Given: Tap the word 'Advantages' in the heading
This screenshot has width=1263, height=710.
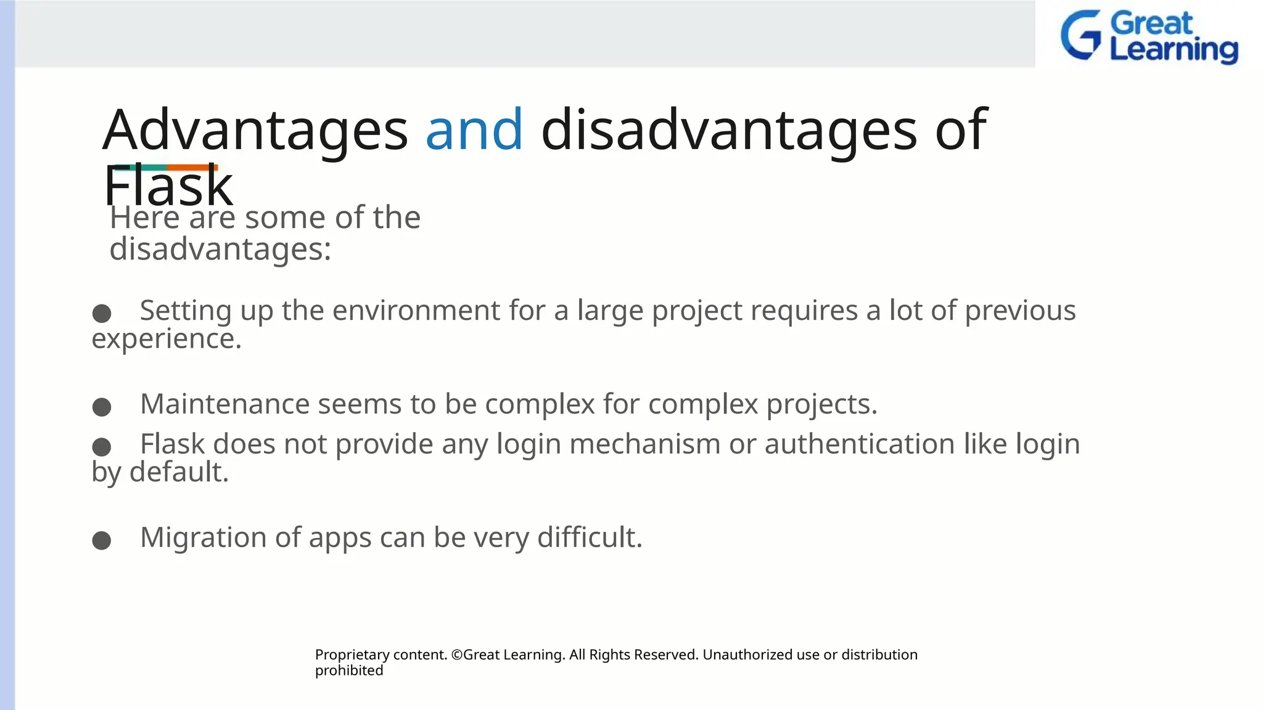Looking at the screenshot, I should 255,131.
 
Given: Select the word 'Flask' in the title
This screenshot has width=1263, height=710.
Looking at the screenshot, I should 168,187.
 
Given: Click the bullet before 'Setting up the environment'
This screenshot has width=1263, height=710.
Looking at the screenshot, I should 102,313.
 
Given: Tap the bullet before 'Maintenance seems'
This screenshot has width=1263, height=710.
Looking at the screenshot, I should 102,407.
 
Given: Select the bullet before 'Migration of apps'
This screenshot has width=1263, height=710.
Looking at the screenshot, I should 102,541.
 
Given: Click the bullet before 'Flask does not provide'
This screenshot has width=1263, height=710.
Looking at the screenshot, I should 102,446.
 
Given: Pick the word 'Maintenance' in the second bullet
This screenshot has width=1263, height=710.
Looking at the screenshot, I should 224,404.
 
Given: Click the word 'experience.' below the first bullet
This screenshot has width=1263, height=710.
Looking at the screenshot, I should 167,339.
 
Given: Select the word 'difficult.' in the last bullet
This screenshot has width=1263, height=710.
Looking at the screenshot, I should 590,537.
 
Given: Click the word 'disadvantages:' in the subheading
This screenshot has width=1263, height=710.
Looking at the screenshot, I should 220,250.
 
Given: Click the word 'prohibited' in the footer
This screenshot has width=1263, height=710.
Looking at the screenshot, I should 349,671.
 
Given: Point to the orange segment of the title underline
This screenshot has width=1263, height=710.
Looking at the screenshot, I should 192,167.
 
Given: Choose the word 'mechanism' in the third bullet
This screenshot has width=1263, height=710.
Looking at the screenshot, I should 644,444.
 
